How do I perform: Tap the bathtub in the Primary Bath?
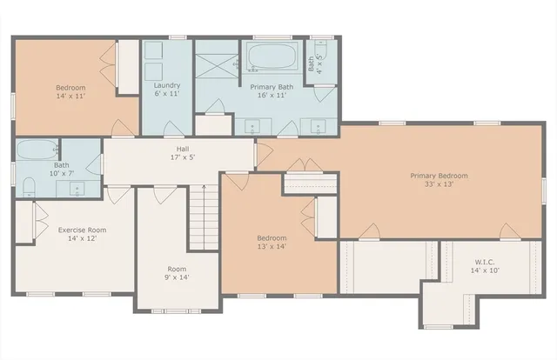(272, 58)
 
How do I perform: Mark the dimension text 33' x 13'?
(439, 185)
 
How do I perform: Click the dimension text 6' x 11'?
(166, 94)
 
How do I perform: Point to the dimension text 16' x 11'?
(272, 97)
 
